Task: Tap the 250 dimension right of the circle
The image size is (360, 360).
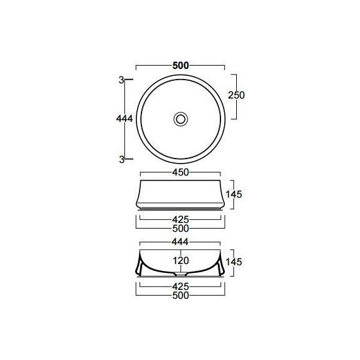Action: coord(236,95)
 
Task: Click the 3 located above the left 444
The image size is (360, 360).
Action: coord(120,80)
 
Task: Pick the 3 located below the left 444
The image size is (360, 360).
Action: coord(120,159)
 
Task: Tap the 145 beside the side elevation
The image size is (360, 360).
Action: coord(235,194)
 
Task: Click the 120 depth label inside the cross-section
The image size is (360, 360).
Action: coord(181,260)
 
